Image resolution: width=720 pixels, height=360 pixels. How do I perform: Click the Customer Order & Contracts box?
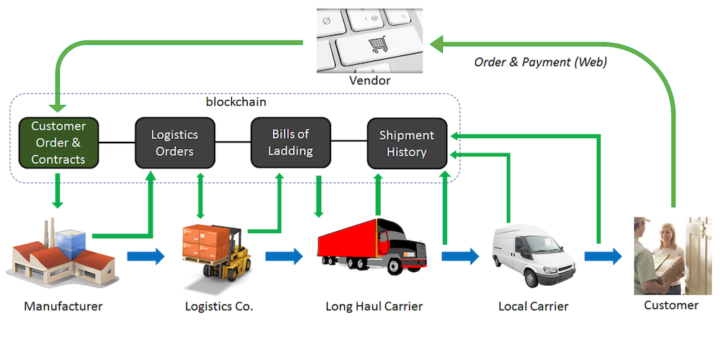click(x=58, y=143)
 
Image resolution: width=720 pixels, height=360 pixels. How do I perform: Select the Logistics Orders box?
click(x=174, y=143)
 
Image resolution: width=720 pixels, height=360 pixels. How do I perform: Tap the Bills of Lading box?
click(x=290, y=143)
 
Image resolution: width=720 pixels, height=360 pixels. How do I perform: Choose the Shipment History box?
click(x=407, y=143)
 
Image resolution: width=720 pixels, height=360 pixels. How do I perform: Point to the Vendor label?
click(x=369, y=80)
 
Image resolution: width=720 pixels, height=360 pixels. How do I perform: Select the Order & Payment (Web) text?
click(x=540, y=62)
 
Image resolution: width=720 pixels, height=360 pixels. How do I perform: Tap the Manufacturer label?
click(x=63, y=306)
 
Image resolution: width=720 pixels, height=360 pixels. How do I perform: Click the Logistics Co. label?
click(x=219, y=306)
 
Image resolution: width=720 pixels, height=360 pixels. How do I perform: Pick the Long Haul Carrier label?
click(x=374, y=306)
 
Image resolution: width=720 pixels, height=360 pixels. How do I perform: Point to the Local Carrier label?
click(x=534, y=306)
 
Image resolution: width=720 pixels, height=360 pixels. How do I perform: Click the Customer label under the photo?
click(x=671, y=305)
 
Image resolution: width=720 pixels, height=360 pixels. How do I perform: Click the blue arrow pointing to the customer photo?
click(x=603, y=255)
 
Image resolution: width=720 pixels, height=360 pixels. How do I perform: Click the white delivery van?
click(x=534, y=256)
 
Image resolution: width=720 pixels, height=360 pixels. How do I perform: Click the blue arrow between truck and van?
click(x=459, y=255)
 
